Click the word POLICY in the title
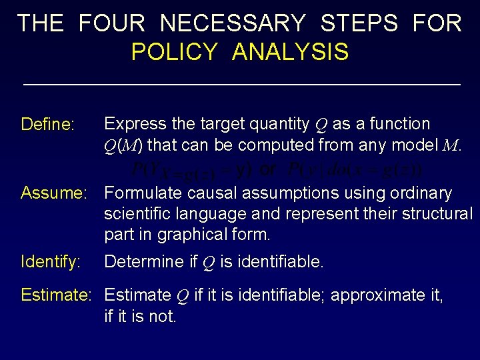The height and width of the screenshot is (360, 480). [x=174, y=51]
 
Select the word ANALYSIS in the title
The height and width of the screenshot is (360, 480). [x=290, y=51]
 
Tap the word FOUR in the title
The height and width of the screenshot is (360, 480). [x=111, y=23]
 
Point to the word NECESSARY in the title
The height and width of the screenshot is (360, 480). [x=233, y=23]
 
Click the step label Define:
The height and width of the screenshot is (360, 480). [x=48, y=125]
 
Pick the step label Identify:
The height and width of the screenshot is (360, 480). [x=51, y=262]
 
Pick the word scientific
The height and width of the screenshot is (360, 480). [x=137, y=214]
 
